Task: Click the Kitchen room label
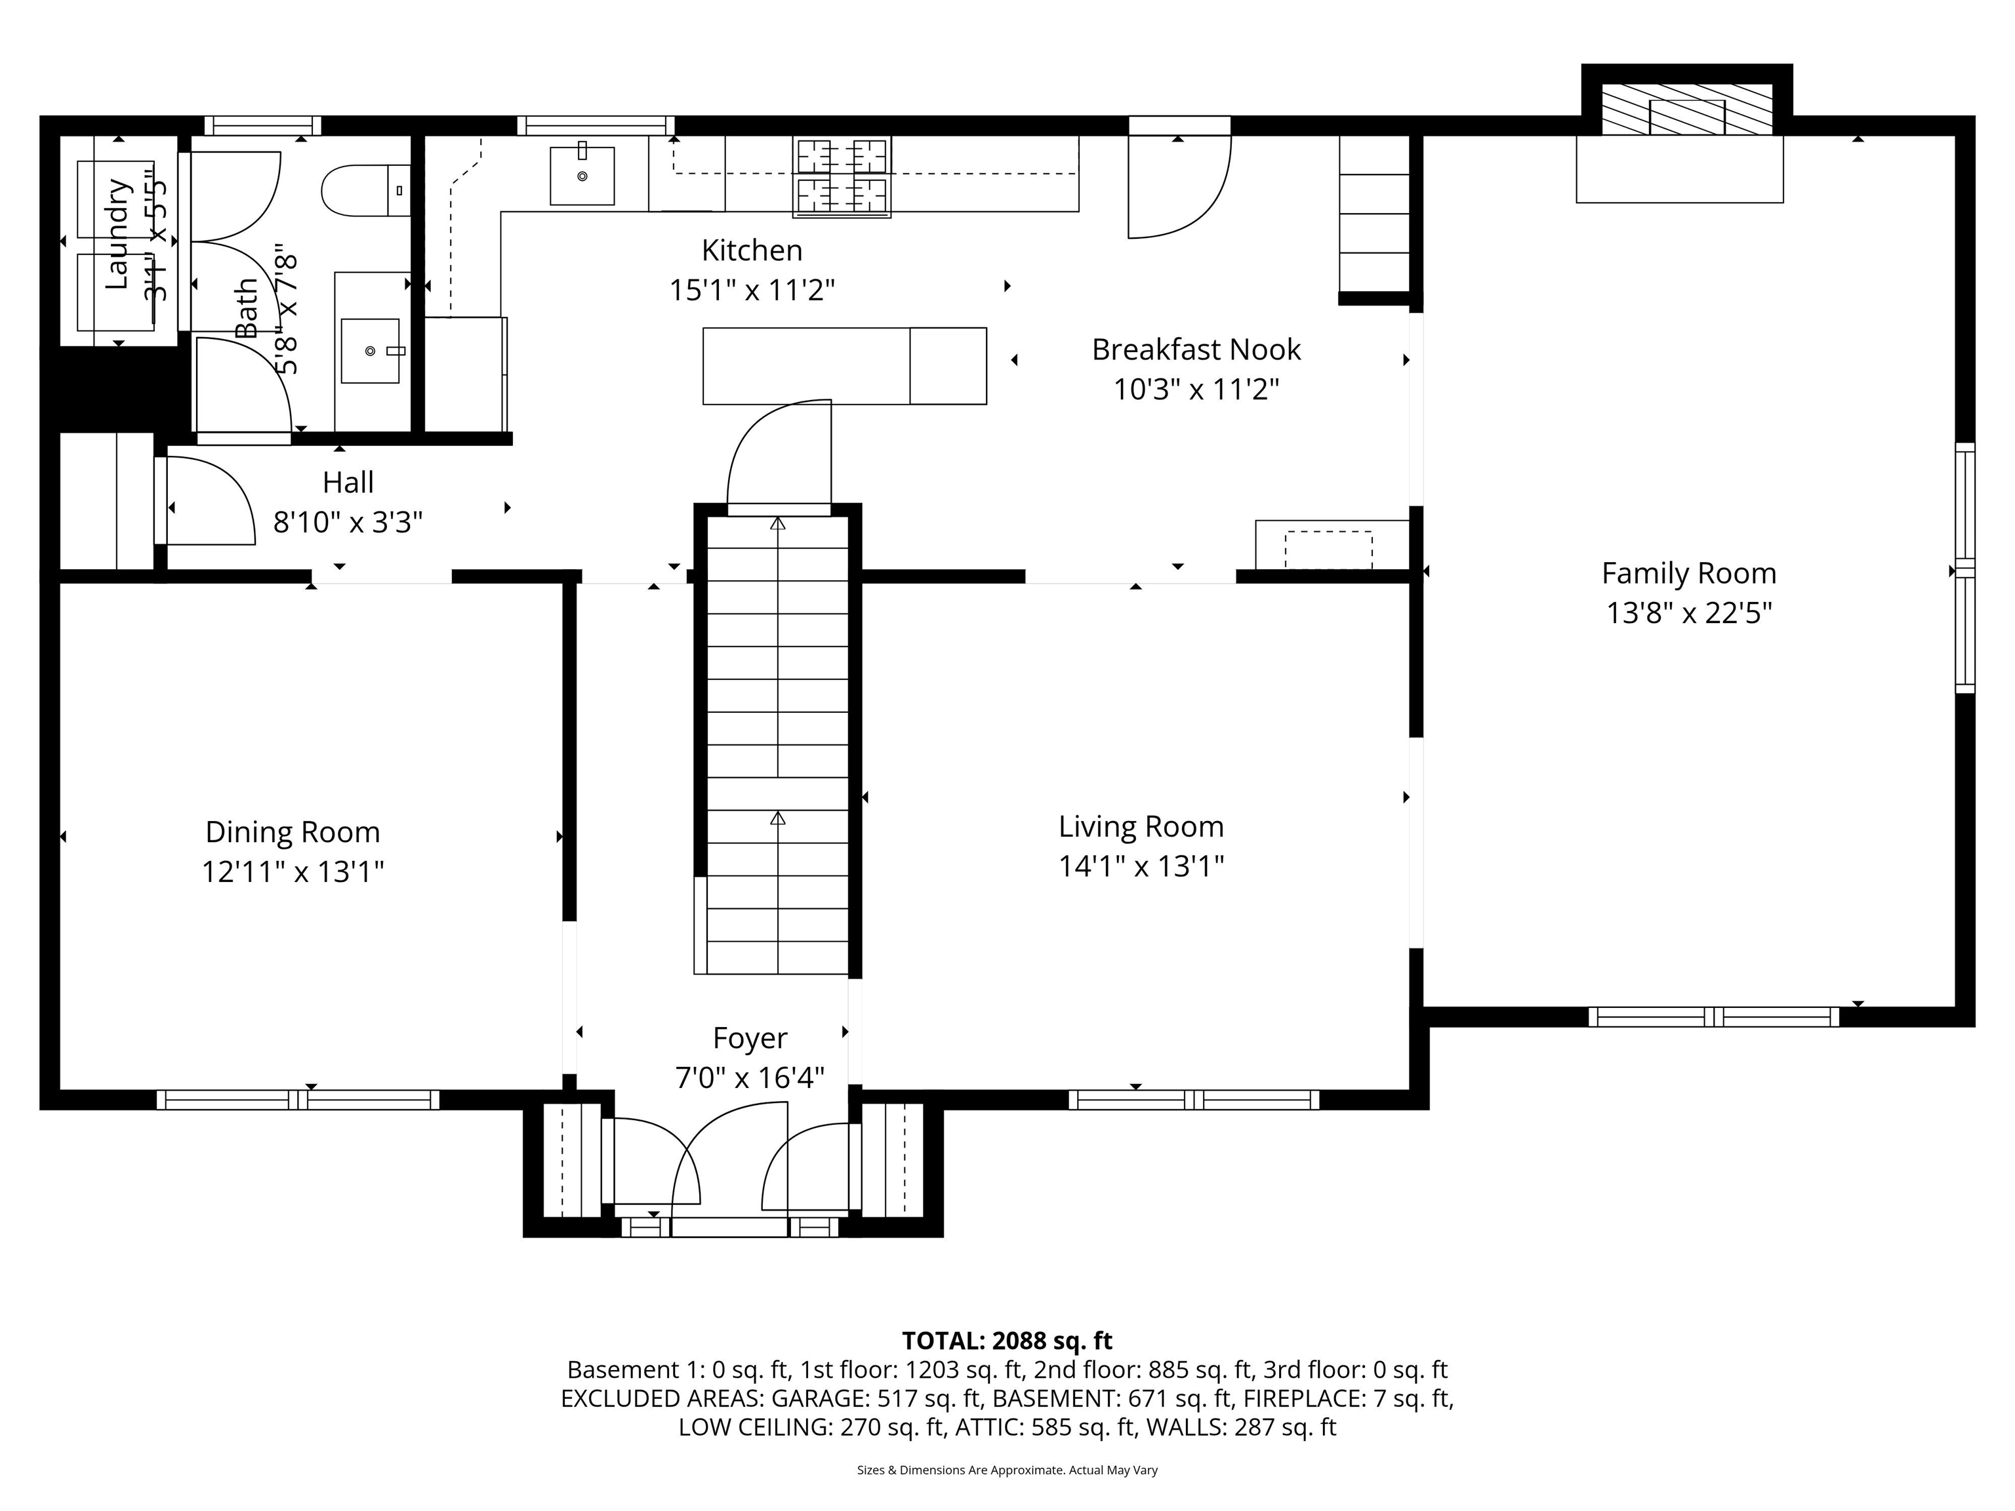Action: tap(752, 251)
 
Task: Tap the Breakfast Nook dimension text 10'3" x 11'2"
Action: tap(1196, 390)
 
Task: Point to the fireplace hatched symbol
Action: tap(1686, 110)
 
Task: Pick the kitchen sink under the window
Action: tap(582, 176)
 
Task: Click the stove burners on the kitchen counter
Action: tap(842, 176)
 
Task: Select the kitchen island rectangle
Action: tap(844, 366)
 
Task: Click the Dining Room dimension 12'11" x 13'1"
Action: tap(293, 872)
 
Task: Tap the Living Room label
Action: tap(1141, 826)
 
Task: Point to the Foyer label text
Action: tap(750, 1038)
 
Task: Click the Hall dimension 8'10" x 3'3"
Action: tap(348, 523)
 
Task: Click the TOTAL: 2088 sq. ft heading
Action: tap(1007, 1340)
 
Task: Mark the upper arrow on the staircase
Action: tap(777, 525)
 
